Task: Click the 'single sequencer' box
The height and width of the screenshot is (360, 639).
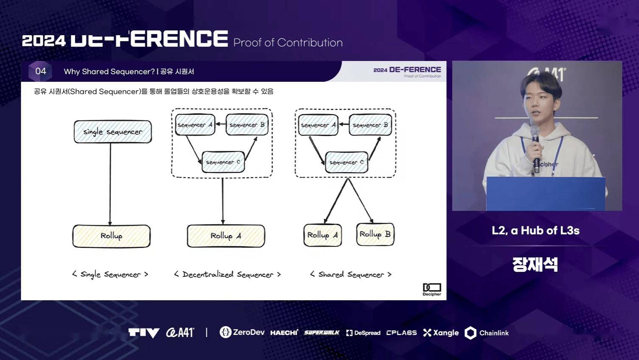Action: tap(112, 132)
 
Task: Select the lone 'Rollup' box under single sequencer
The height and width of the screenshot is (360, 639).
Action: tap(111, 236)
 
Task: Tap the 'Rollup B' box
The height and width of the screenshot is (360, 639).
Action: tap(375, 234)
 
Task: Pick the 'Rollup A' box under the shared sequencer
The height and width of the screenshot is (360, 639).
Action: tap(322, 235)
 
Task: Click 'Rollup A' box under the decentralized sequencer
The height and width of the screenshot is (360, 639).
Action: tap(226, 236)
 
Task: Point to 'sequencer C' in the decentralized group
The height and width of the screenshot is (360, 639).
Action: tap(223, 162)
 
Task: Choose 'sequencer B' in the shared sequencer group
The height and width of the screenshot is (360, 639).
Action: tap(370, 125)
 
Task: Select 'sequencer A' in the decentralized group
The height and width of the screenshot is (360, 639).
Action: tap(195, 125)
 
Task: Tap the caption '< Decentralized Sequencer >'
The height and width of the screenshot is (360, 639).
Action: tap(227, 275)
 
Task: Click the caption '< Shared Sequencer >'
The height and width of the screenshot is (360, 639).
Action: tap(350, 275)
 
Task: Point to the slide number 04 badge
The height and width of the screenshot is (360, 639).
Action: tap(41, 71)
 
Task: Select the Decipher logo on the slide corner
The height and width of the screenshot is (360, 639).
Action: tap(432, 289)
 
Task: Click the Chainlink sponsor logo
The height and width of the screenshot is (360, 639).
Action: tap(487, 333)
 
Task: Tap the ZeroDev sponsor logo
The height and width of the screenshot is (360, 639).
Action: tap(242, 332)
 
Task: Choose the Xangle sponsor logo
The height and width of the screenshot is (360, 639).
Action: tap(441, 333)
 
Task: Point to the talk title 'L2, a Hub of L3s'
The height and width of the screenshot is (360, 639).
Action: tap(535, 231)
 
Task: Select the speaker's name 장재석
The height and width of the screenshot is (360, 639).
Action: tap(535, 265)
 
